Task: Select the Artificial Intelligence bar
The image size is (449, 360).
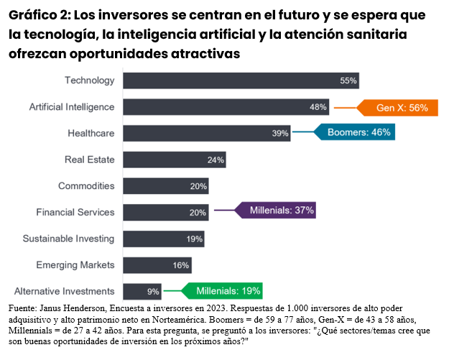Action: tap(226, 107)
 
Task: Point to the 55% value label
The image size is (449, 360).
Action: tap(348, 80)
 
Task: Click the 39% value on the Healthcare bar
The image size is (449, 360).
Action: tap(280, 134)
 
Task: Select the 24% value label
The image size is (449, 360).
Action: tap(216, 160)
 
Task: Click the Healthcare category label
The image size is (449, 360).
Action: tap(91, 134)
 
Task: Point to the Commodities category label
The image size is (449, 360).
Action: tap(86, 186)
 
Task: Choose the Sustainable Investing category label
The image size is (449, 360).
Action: tap(68, 239)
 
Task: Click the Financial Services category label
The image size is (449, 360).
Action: tap(75, 213)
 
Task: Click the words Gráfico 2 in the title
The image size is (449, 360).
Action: tap(37, 15)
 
